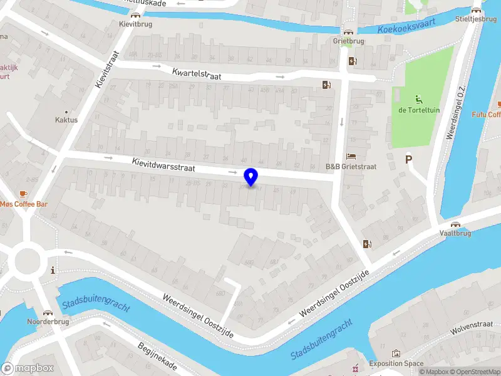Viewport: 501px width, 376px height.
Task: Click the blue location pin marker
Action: (251, 177)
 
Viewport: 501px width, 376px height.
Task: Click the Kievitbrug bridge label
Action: (135, 24)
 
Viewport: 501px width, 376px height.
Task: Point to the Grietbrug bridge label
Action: (348, 41)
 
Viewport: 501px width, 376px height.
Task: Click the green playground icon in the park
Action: (418, 99)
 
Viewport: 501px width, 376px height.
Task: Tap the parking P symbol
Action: (408, 160)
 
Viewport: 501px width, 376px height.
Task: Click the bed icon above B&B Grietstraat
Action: (351, 156)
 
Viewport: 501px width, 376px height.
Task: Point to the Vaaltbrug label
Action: (455, 232)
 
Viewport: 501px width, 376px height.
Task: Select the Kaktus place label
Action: (66, 120)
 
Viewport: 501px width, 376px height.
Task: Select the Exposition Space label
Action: (396, 363)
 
